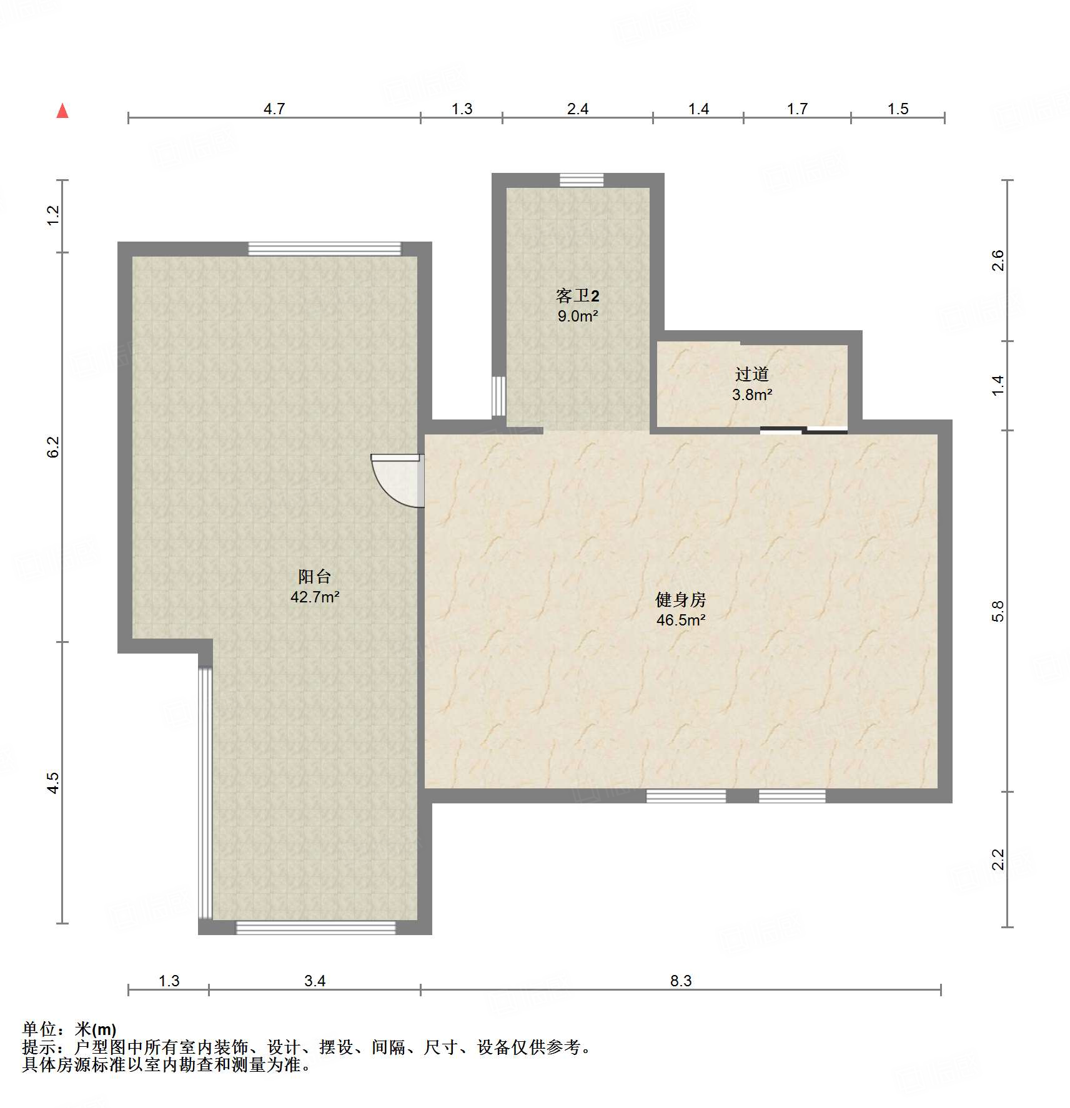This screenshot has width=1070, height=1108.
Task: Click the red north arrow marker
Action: (62, 111)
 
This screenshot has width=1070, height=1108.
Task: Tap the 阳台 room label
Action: (314, 576)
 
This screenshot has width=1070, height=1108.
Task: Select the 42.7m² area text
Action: (315, 597)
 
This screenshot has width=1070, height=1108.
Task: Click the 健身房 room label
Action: (680, 600)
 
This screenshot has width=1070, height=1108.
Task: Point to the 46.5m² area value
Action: (681, 620)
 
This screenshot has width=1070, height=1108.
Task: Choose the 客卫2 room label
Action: (577, 295)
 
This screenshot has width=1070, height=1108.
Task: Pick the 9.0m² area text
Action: (578, 316)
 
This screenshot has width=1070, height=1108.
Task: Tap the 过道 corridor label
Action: (751, 374)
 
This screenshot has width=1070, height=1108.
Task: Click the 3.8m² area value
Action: (752, 395)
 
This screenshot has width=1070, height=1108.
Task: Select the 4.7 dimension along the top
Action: (274, 109)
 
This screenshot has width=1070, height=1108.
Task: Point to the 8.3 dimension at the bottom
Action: (681, 981)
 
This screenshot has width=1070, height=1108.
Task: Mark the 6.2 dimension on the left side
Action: (53, 447)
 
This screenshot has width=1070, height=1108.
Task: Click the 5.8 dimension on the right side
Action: (998, 610)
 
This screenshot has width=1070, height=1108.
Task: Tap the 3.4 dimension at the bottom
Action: (315, 981)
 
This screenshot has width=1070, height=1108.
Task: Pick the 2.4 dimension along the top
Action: (578, 109)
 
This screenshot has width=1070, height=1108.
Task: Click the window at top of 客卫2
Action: (582, 180)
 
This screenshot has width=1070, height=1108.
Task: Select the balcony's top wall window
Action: (324, 248)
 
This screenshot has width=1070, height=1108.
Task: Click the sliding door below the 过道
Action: (804, 429)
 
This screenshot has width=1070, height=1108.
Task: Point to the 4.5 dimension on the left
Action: (53, 783)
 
